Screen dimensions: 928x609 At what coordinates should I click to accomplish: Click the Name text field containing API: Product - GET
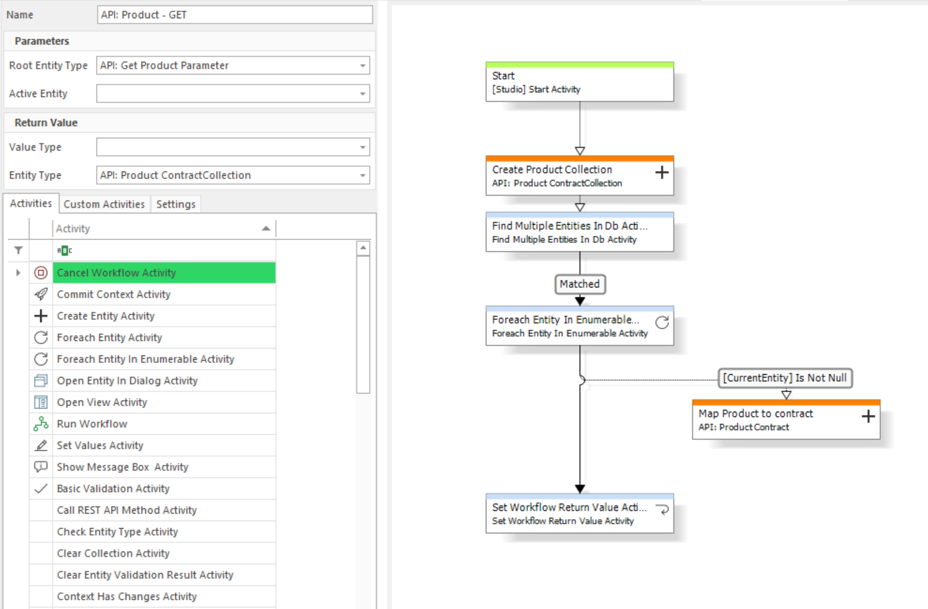tap(235, 15)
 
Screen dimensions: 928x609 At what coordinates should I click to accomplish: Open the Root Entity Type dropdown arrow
tap(363, 66)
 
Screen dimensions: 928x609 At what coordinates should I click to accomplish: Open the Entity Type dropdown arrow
tap(363, 175)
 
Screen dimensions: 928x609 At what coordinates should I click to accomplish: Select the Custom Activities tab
tap(104, 204)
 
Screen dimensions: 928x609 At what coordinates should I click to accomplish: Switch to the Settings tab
tap(176, 204)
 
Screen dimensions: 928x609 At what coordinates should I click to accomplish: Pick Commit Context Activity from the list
tap(114, 294)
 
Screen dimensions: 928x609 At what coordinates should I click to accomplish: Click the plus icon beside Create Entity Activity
tap(41, 316)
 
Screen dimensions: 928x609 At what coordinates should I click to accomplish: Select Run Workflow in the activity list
tap(92, 424)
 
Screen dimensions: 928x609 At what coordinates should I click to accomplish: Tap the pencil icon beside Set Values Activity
tap(41, 445)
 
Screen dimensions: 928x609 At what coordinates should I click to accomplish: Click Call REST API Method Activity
tap(127, 510)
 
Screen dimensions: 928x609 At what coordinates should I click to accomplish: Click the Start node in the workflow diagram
tap(580, 82)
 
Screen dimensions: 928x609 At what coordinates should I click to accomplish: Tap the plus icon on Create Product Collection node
tap(662, 172)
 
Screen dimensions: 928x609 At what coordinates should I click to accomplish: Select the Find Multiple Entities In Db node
tap(580, 232)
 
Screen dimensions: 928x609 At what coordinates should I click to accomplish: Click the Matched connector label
tap(580, 284)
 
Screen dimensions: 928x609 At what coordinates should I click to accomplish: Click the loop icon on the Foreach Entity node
tap(662, 322)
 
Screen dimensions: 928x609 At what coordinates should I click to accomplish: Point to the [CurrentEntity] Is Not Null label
tap(785, 378)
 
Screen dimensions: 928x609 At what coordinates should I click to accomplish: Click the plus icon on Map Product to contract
tap(868, 416)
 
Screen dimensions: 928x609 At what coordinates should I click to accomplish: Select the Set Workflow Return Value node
tap(580, 514)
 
